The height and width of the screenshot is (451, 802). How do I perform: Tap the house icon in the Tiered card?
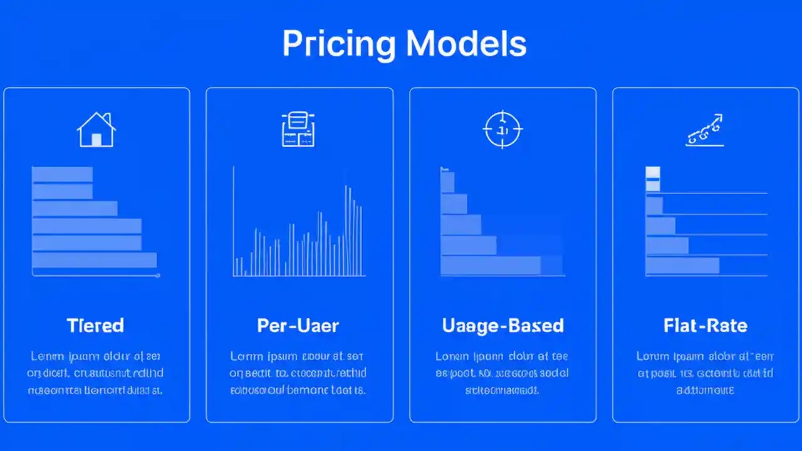96,130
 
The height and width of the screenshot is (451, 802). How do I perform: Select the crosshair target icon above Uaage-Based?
503,130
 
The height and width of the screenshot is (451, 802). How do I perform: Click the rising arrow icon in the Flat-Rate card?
705,130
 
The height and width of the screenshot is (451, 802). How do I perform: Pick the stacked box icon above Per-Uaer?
298,130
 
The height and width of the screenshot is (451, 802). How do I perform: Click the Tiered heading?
95,326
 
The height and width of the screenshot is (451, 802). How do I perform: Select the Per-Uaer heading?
298,326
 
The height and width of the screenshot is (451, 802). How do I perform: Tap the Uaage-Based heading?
503,326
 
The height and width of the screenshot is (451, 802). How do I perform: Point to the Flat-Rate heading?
705,326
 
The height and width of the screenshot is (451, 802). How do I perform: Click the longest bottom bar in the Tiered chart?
94,260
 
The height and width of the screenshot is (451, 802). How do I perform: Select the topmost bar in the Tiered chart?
62,174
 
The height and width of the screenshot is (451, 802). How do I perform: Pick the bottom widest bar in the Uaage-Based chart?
491,266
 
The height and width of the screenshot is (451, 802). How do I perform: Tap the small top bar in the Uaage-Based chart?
447,182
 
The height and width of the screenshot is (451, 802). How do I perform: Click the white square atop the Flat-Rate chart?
653,173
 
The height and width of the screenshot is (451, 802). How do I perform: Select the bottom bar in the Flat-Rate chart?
682,266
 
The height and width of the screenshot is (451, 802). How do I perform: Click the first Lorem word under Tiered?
46,356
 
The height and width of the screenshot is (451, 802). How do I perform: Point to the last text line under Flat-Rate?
705,390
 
